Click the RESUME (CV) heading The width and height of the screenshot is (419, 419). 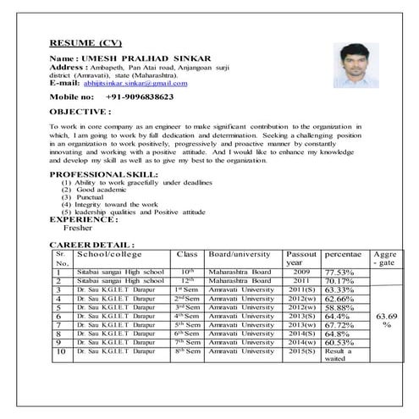[x=86, y=42]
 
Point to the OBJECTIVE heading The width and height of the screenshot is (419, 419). [x=85, y=111]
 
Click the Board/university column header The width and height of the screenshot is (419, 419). [x=240, y=253]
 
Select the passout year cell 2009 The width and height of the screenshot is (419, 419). [x=302, y=272]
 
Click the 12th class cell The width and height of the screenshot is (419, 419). [x=188, y=281]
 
